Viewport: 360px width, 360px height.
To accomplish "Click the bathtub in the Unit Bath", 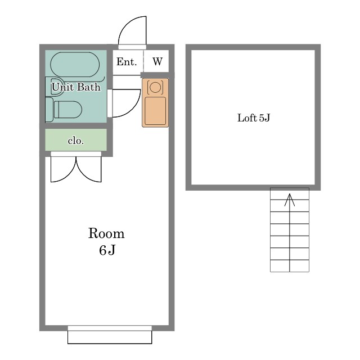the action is (75, 65).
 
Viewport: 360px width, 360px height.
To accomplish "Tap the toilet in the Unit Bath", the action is (68, 110).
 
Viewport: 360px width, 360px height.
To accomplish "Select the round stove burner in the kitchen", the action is (155, 87).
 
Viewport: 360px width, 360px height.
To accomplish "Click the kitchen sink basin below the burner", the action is (155, 111).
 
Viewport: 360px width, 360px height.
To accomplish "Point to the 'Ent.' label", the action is (127, 62).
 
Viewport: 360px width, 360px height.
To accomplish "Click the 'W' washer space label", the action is (157, 61).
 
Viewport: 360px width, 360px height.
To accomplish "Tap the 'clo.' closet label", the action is (76, 141).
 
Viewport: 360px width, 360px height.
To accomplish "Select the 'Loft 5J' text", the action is (254, 118).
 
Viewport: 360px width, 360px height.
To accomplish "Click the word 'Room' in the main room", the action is (106, 233).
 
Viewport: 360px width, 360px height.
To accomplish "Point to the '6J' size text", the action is (107, 250).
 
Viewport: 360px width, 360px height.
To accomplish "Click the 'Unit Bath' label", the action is (76, 87).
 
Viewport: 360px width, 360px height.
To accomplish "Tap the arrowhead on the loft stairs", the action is (290, 199).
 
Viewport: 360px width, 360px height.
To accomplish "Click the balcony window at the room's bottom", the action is (110, 335).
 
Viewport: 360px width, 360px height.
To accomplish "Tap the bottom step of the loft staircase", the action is (290, 266).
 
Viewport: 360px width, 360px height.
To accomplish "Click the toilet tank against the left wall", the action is (49, 110).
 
